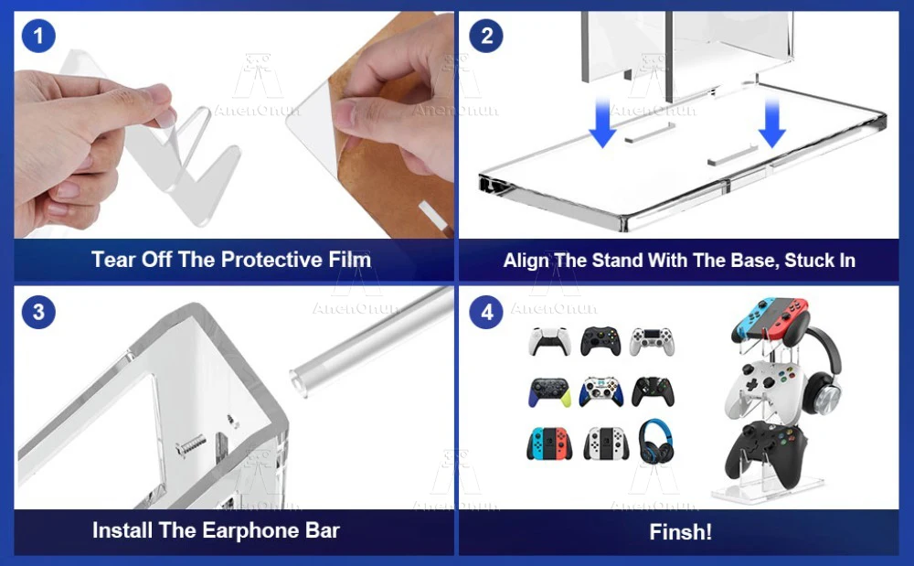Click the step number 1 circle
pos(38,37)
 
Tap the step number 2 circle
pos(486,37)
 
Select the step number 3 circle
pos(38,312)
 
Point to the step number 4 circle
pos(486,312)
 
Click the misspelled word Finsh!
pos(680,531)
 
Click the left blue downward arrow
pos(602,123)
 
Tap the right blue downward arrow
pos(771,123)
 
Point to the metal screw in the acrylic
pos(191,446)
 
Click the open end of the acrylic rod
pos(299,384)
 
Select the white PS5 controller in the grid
pos(548,341)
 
